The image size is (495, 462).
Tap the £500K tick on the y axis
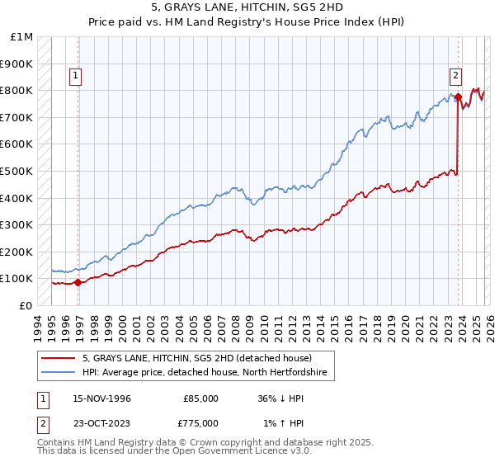pyautogui.click(x=17, y=171)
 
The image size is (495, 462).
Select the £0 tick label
pyautogui.click(x=27, y=305)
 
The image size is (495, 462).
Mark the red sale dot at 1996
pyautogui.click(x=78, y=282)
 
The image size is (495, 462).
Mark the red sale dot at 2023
pyautogui.click(x=458, y=97)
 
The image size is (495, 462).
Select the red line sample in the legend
pyautogui.click(x=59, y=358)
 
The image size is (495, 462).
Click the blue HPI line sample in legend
pyautogui.click(x=59, y=373)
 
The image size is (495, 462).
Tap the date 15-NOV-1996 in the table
pyautogui.click(x=101, y=398)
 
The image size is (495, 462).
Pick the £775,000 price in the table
pyautogui.click(x=200, y=423)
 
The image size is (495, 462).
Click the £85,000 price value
pyautogui.click(x=200, y=398)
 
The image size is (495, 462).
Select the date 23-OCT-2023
pyautogui.click(x=101, y=423)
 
